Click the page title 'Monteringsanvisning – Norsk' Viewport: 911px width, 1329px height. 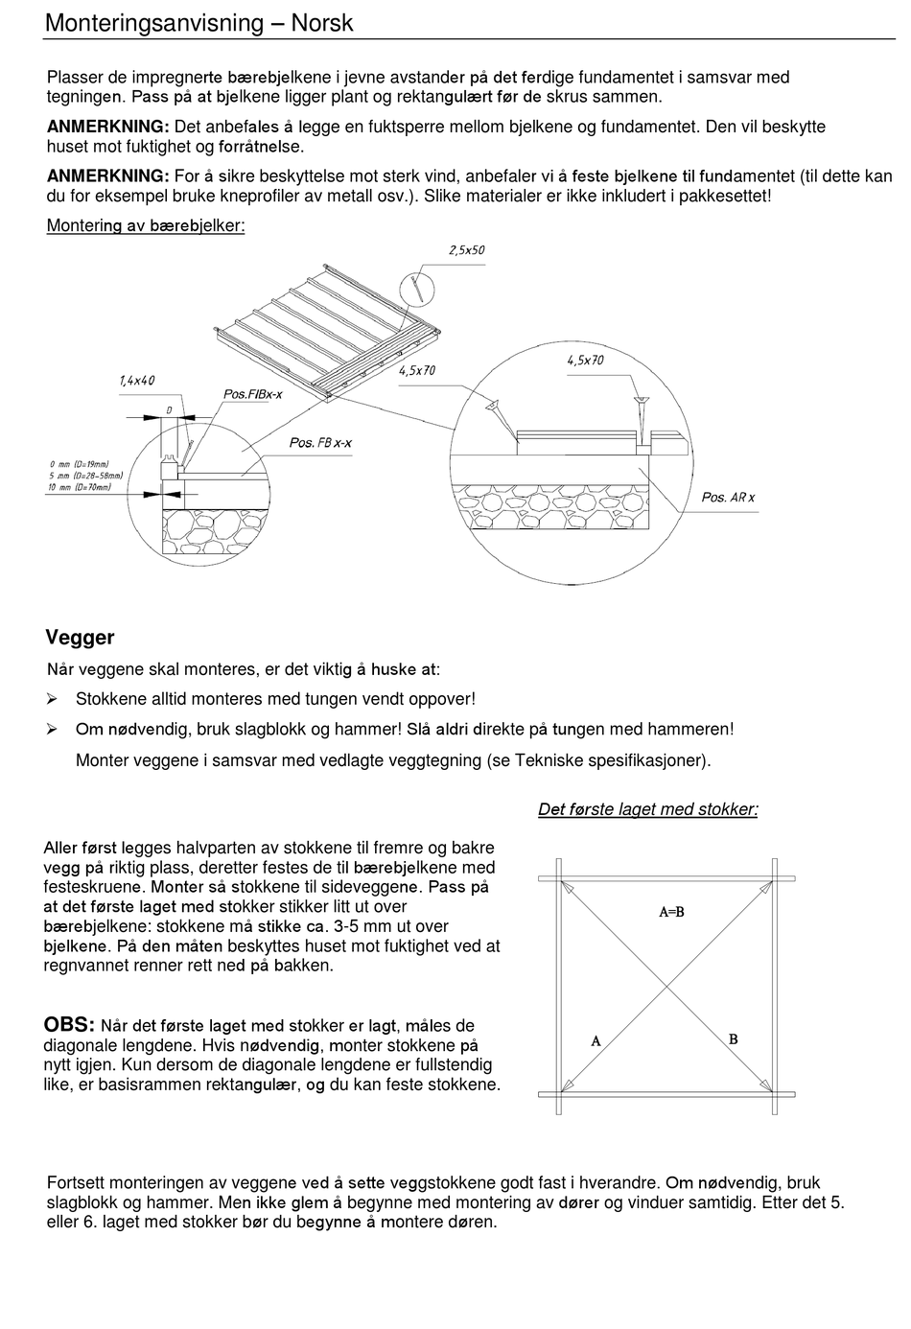(x=199, y=23)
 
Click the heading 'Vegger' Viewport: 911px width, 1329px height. (x=80, y=638)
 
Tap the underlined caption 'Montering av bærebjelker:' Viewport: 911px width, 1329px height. (x=146, y=226)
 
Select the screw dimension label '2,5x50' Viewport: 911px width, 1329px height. (x=467, y=250)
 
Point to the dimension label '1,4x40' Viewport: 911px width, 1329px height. (x=137, y=381)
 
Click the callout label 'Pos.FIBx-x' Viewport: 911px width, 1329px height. (x=253, y=394)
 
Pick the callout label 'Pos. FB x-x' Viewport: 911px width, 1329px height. (x=320, y=442)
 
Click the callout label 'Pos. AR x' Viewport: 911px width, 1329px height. (x=728, y=497)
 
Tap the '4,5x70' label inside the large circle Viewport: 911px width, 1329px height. (x=585, y=361)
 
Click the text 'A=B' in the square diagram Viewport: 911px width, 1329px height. (x=671, y=912)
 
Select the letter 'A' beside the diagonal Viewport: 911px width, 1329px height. (x=596, y=1040)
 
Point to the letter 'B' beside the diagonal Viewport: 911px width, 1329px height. (x=734, y=1038)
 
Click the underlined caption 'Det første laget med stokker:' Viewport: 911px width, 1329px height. (x=647, y=809)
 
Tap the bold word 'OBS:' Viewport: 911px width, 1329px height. (x=69, y=1025)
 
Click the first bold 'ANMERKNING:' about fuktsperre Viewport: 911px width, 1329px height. (x=108, y=127)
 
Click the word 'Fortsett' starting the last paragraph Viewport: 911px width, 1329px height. (x=77, y=1182)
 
